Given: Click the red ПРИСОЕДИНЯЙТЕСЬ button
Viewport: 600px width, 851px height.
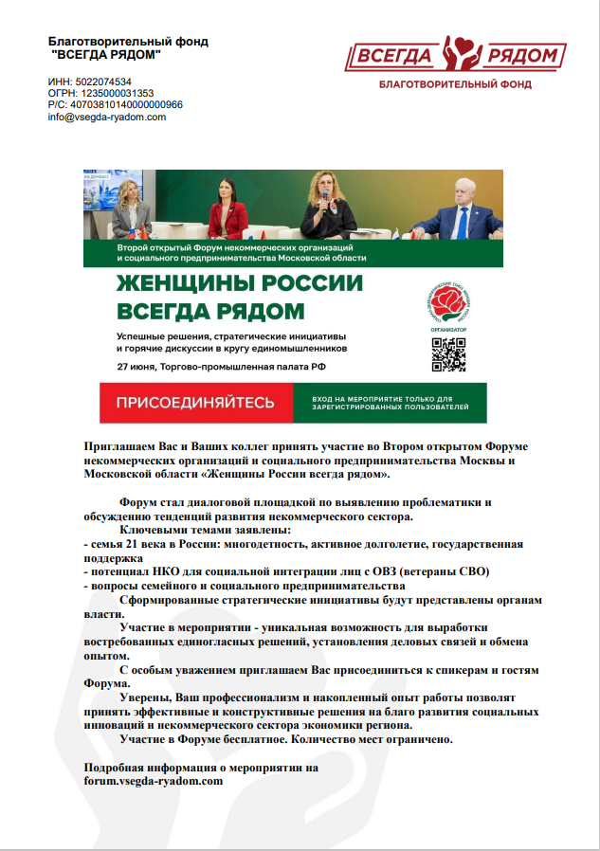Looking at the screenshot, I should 196,403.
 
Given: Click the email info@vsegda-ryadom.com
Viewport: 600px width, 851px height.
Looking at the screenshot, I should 107,118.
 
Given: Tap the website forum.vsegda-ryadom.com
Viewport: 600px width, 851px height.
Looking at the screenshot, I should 154,782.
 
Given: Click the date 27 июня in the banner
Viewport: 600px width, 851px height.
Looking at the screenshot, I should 138,365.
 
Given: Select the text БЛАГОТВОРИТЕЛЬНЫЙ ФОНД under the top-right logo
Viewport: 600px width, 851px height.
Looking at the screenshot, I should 455,85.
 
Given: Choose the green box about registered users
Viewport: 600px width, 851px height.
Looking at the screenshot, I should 390,403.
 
